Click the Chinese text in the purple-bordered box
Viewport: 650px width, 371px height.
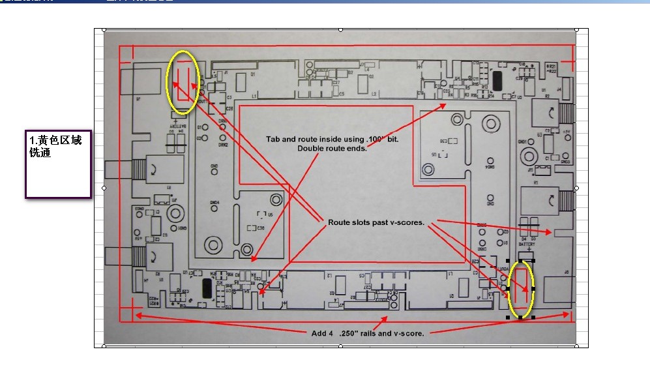click(x=56, y=147)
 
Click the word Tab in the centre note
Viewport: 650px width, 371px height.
click(x=274, y=140)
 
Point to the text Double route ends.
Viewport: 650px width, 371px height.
click(x=332, y=149)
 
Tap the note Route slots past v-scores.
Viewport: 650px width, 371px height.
click(x=376, y=222)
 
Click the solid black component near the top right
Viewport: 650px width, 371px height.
click(x=498, y=82)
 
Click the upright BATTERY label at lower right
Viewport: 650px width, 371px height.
click(x=527, y=245)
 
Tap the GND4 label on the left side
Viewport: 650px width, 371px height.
click(x=214, y=202)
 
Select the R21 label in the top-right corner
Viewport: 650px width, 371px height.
click(x=552, y=67)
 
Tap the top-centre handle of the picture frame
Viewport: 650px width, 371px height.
click(x=341, y=29)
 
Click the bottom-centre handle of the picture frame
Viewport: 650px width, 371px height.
click(x=341, y=347)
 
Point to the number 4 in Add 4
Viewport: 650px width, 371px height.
click(x=331, y=333)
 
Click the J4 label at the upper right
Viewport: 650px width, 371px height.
click(x=559, y=89)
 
